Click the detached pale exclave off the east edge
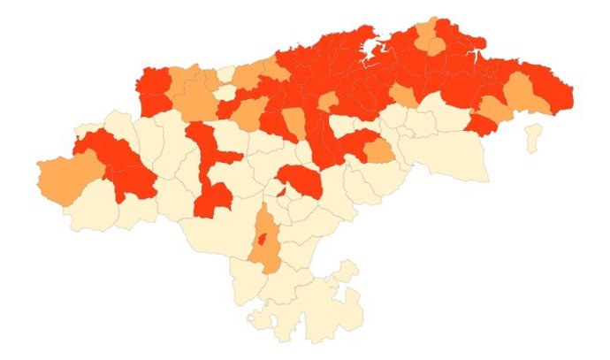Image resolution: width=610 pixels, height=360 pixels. coord(532,136)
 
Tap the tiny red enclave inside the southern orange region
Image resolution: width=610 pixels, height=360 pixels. coord(262,238)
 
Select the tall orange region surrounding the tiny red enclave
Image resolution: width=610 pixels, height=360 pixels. coord(263,252)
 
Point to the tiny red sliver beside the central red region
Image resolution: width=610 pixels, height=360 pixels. coord(281,191)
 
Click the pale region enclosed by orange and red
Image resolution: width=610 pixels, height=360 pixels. coord(227,91)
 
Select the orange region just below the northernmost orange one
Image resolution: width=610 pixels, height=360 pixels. coord(435,47)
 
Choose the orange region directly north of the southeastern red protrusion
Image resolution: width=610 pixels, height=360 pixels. coord(494,109)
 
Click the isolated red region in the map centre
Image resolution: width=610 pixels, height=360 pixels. coord(301,180)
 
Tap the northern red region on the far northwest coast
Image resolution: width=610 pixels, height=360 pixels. coord(153,82)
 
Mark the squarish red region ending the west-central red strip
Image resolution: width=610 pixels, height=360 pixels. coord(211,198)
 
